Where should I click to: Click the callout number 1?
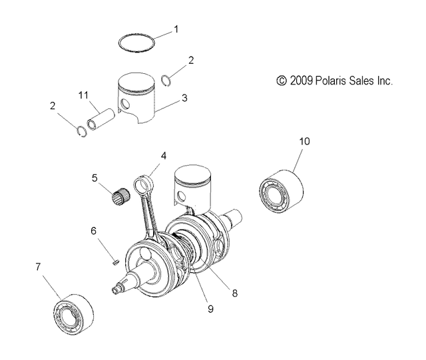[x=176, y=29]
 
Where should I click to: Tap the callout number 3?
[x=184, y=98]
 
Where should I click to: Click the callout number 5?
[x=95, y=178]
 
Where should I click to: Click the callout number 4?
[x=163, y=156]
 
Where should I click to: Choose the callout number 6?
[x=94, y=230]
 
